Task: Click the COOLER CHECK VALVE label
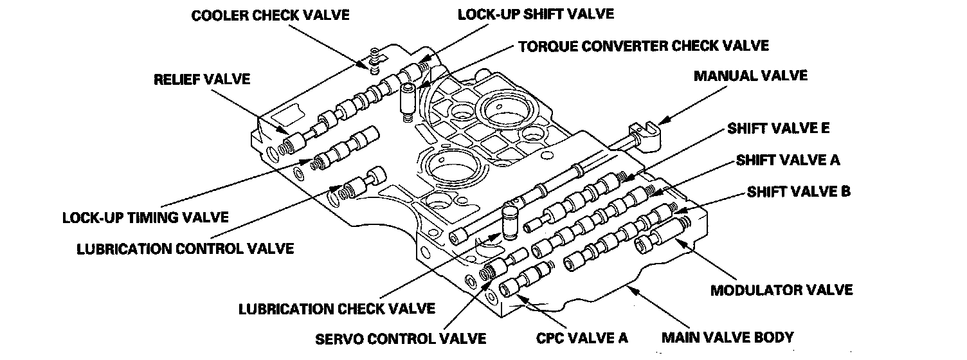click(x=270, y=15)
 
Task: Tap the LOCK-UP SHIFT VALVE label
click(x=536, y=14)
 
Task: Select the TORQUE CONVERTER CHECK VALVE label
click(x=644, y=46)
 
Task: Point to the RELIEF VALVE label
click(x=201, y=80)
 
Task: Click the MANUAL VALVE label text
click(x=750, y=76)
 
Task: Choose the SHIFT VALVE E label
click(x=779, y=128)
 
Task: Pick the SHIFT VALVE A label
click(x=788, y=159)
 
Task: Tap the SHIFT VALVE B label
click(x=798, y=192)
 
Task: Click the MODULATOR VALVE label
click(x=781, y=290)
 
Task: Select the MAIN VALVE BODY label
click(x=728, y=336)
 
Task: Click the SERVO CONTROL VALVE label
click(x=400, y=338)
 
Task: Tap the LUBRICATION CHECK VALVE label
click(x=336, y=309)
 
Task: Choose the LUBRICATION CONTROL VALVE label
click(x=185, y=248)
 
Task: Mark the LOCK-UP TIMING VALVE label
click(x=145, y=217)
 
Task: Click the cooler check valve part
click(x=373, y=60)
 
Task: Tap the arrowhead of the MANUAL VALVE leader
click(x=658, y=120)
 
